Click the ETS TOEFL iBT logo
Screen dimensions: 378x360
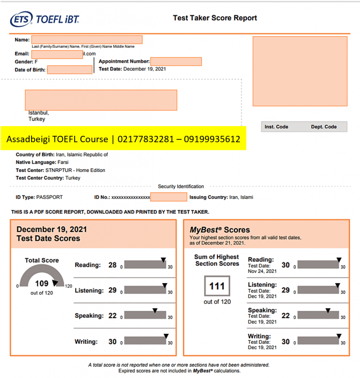pos(45,19)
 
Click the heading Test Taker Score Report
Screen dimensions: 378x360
pos(215,18)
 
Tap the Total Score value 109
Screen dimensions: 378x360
pos(42,283)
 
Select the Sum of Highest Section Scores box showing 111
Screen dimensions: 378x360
pos(217,286)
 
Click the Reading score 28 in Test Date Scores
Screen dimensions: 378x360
pos(112,265)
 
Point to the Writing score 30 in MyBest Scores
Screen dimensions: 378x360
pos(285,342)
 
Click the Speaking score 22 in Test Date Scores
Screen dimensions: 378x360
pos(112,316)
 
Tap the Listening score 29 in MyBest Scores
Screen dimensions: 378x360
pos(285,290)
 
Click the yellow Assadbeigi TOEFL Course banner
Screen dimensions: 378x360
pos(123,139)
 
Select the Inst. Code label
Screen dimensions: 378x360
pos(276,127)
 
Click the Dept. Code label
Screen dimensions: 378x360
pos(324,127)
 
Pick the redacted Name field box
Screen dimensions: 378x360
pos(87,39)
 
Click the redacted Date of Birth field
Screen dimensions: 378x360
pos(70,69)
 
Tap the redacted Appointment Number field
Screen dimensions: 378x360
pos(176,61)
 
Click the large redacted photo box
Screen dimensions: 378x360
pos(300,71)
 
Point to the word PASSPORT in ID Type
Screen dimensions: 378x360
pos(49,197)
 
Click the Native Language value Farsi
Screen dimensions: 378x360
pos(63,162)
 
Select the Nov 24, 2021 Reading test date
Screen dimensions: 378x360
pos(262,271)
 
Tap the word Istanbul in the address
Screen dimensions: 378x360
pos(38,113)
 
